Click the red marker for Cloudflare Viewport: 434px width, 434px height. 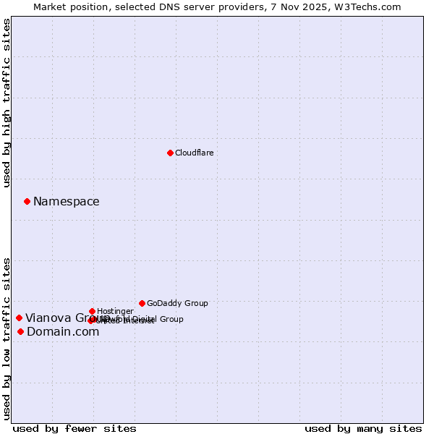pos(170,153)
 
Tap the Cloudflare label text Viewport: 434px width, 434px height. pos(194,153)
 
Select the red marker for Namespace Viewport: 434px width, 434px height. pos(27,201)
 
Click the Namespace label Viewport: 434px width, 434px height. pos(66,202)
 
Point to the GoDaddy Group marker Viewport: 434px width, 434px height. pos(142,303)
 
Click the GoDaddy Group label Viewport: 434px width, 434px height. pos(177,303)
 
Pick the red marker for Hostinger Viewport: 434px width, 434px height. pos(92,311)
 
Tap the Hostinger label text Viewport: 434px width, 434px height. pos(115,311)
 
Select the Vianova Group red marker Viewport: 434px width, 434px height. pos(19,318)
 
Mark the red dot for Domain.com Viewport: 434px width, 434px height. pos(20,331)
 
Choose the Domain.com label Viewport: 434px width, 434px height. pos(63,332)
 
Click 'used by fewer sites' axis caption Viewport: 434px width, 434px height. pos(75,428)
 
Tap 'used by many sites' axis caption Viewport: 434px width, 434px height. pos(363,428)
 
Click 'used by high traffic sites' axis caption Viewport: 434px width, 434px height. pos(7,103)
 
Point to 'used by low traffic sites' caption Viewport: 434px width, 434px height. pos(7,338)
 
